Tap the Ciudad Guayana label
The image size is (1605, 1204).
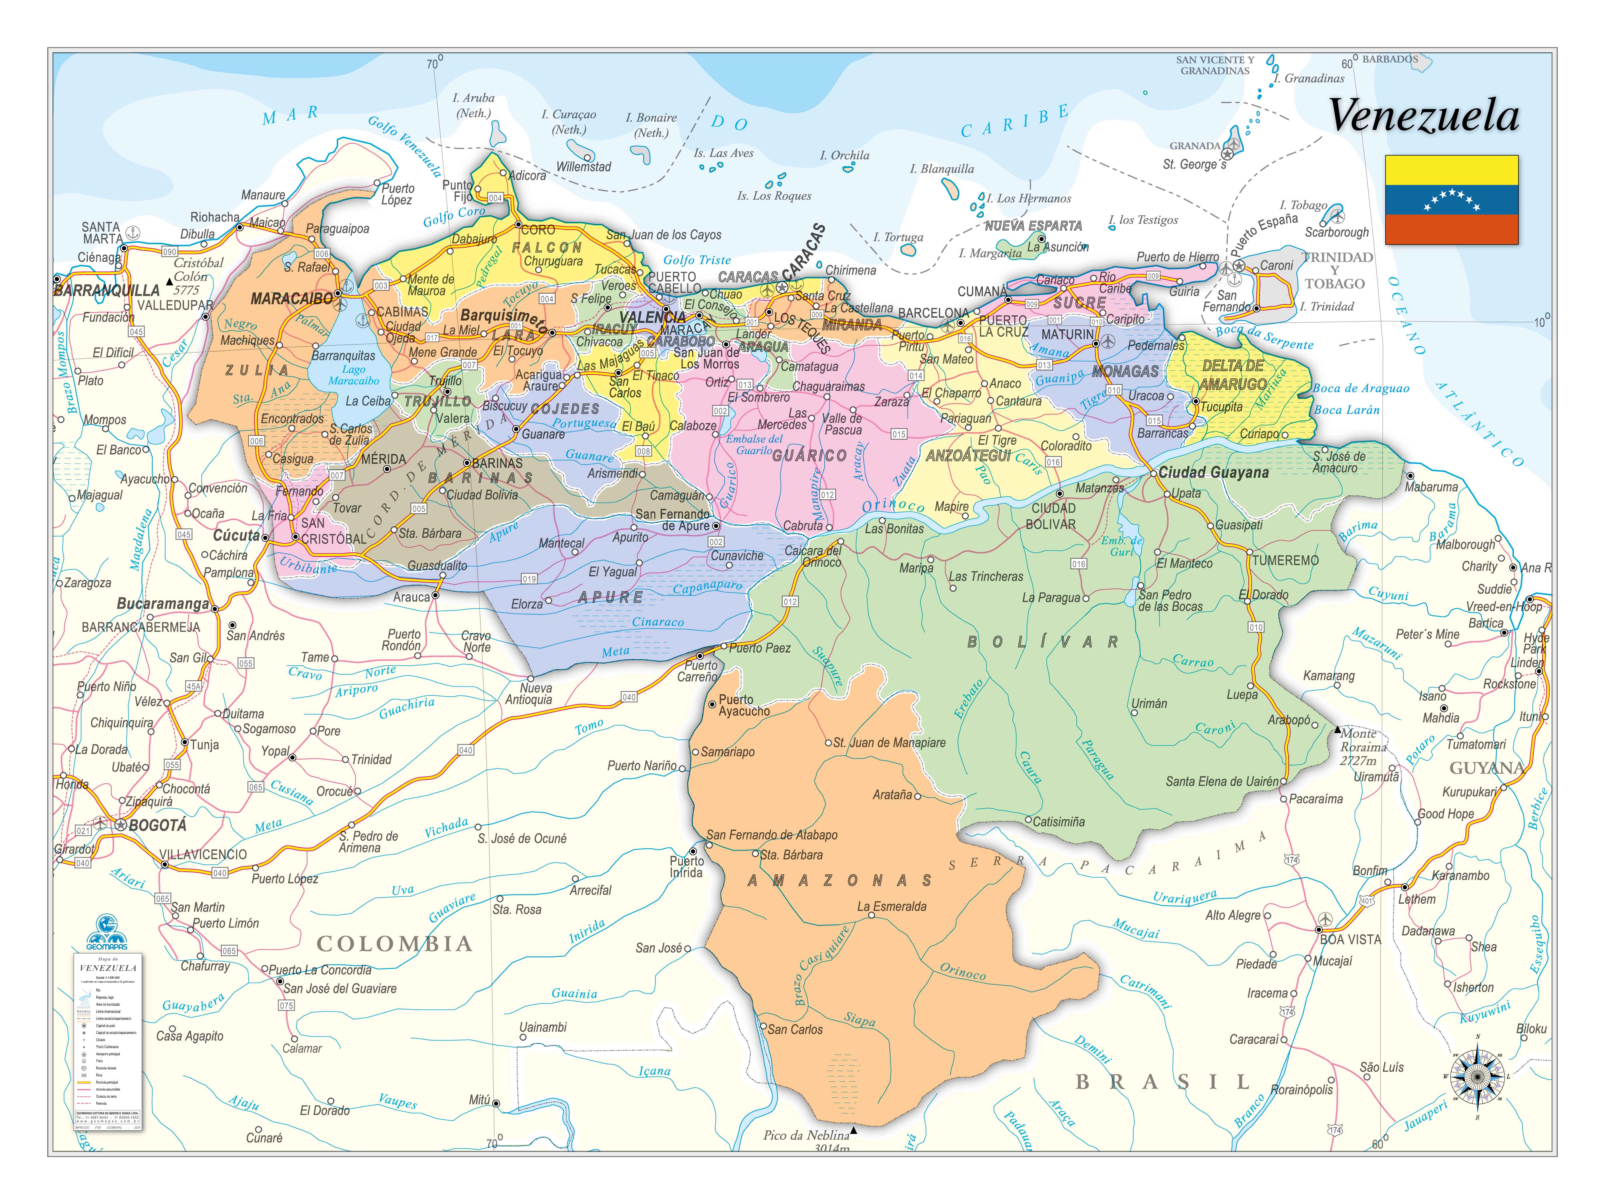coord(1213,472)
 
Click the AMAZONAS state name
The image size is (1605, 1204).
coord(840,880)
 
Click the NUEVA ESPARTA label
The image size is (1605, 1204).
coord(1033,226)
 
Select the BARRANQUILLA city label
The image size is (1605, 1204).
coord(106,290)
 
